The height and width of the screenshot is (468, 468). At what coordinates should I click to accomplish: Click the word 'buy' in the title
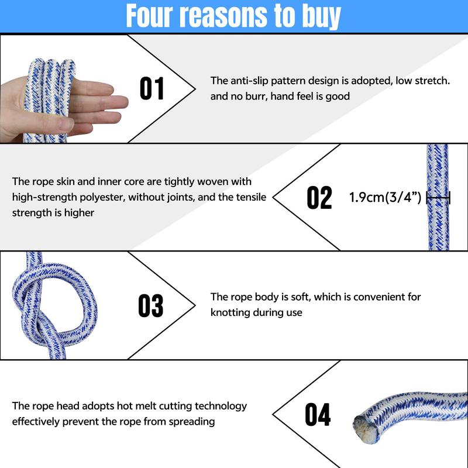(321, 16)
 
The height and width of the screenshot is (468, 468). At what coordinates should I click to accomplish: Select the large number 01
(152, 88)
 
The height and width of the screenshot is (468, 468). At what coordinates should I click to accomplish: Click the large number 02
(319, 197)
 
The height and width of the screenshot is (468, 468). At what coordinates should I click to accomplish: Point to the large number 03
(151, 305)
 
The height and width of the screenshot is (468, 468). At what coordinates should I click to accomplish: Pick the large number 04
(318, 414)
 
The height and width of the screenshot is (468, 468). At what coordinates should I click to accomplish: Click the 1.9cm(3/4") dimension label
(385, 197)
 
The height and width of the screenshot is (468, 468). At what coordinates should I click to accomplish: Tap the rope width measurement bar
(438, 198)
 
